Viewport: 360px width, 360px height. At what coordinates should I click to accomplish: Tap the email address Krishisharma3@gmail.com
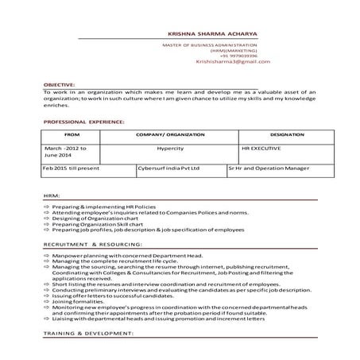point(233,61)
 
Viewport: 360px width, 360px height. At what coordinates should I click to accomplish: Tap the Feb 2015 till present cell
point(71,168)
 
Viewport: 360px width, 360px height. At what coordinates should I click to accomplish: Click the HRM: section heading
point(52,195)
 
